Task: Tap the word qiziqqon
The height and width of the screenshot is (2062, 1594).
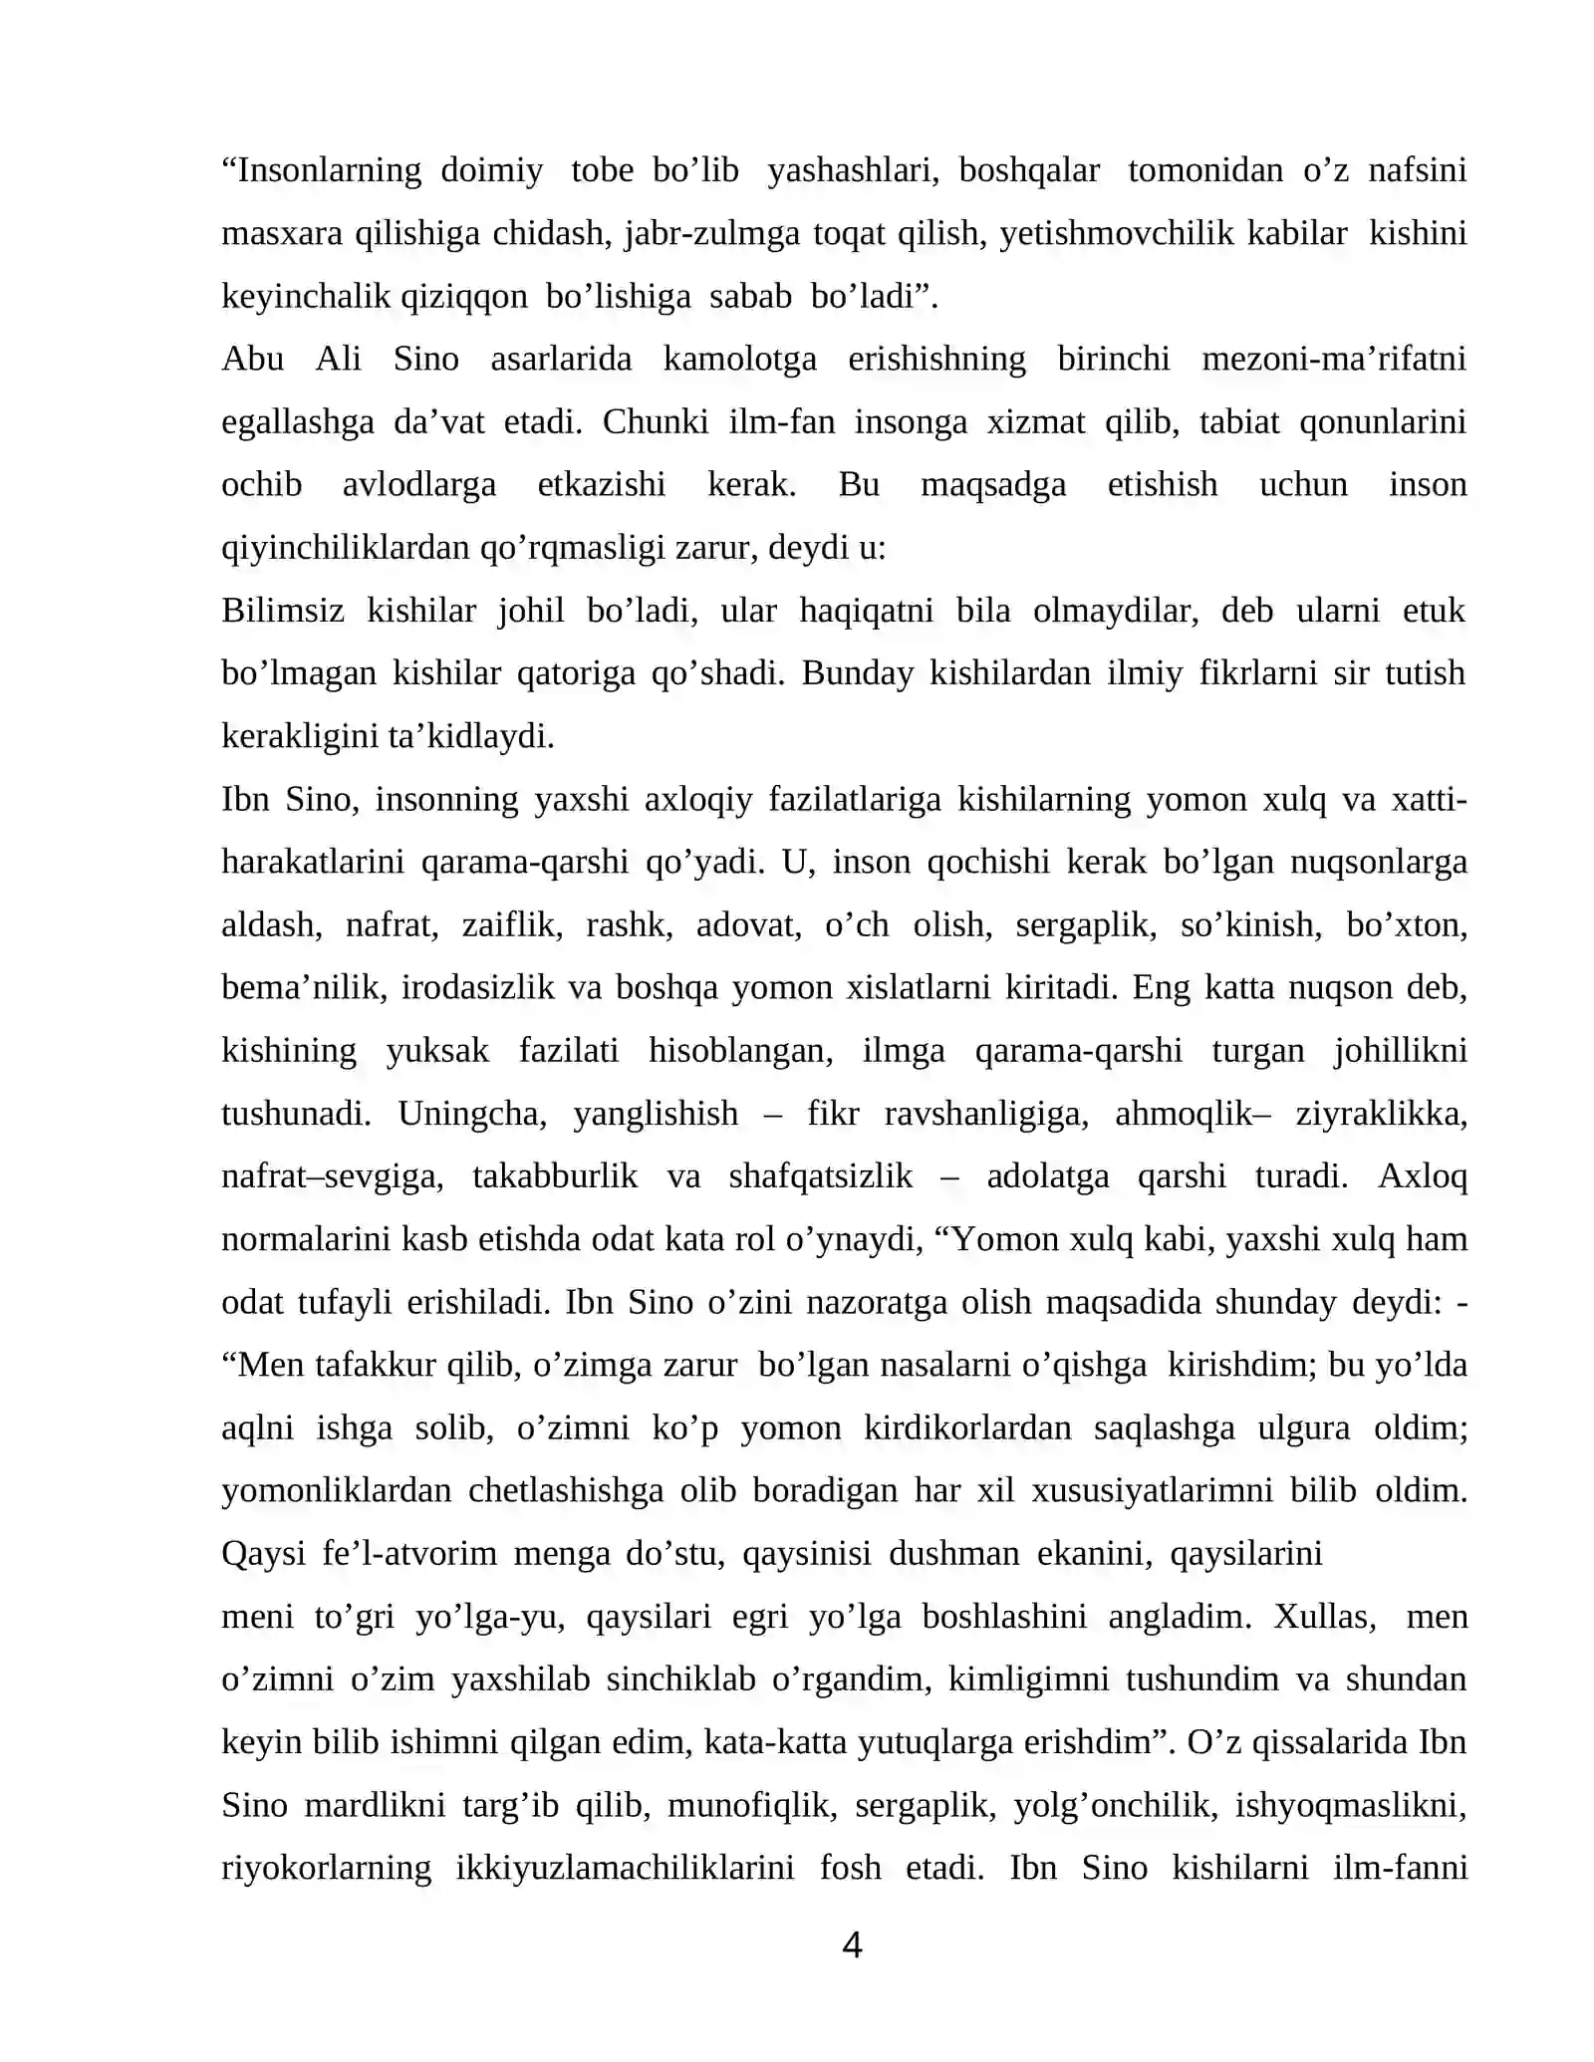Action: click(464, 297)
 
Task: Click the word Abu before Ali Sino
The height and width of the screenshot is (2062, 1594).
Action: click(253, 360)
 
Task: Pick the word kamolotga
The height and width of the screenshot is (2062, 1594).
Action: click(739, 360)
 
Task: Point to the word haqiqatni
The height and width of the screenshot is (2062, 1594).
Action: click(866, 611)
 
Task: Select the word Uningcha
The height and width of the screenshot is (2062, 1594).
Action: click(472, 1114)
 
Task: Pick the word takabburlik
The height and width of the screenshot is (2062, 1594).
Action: click(554, 1176)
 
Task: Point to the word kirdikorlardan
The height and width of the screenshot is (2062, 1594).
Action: click(966, 1428)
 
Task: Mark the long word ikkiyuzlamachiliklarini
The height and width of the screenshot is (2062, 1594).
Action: click(625, 1868)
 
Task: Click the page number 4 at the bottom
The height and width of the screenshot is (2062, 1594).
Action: click(852, 1944)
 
